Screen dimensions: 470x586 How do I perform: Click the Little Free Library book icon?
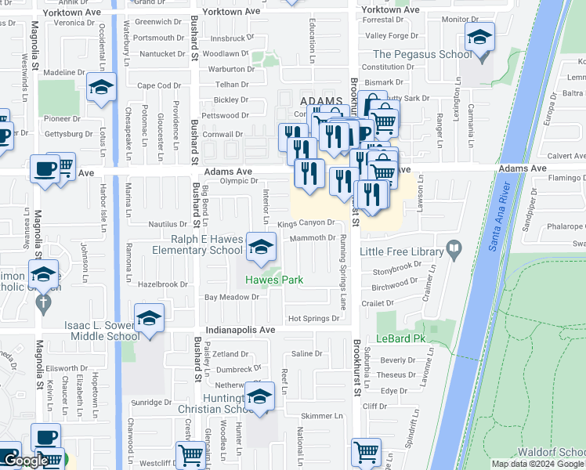coord(454,250)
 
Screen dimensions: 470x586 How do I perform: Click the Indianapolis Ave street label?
coord(241,330)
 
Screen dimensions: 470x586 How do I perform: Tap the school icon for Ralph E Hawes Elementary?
coord(260,248)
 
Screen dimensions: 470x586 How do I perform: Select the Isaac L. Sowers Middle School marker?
coord(149,319)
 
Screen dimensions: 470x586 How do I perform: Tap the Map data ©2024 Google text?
coord(537,464)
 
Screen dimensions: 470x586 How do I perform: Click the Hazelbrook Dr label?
coord(163,284)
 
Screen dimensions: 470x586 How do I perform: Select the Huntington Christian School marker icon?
coord(259,397)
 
